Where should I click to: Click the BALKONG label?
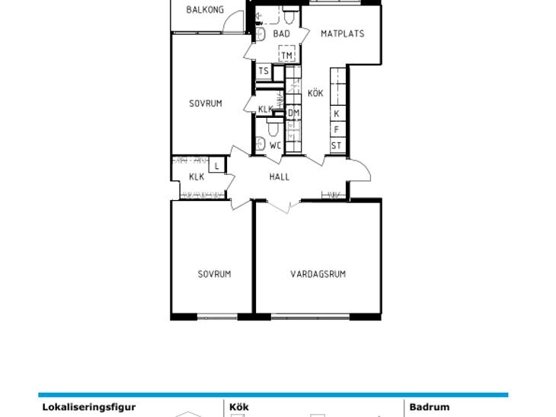pyautogui.click(x=205, y=10)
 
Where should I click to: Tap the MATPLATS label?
pyautogui.click(x=342, y=33)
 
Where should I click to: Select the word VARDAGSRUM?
pyautogui.click(x=318, y=274)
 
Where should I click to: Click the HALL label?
pyautogui.click(x=279, y=177)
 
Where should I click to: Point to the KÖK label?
pyautogui.click(x=315, y=93)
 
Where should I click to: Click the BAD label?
pyautogui.click(x=282, y=33)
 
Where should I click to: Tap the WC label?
pyautogui.click(x=275, y=145)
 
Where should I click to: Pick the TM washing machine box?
pyautogui.click(x=287, y=54)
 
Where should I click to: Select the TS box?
pyautogui.click(x=264, y=72)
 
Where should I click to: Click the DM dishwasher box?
pyautogui.click(x=293, y=113)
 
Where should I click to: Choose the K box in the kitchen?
pyautogui.click(x=337, y=113)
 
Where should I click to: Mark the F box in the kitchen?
pyautogui.click(x=337, y=129)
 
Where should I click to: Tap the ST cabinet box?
pyautogui.click(x=337, y=145)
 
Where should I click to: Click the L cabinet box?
pyautogui.click(x=216, y=166)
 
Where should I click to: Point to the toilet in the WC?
pyautogui.click(x=273, y=128)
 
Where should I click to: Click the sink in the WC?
pyautogui.click(x=260, y=144)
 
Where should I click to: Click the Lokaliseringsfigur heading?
pyautogui.click(x=88, y=407)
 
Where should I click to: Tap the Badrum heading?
pyautogui.click(x=430, y=407)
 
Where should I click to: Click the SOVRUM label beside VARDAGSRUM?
pyautogui.click(x=214, y=274)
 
